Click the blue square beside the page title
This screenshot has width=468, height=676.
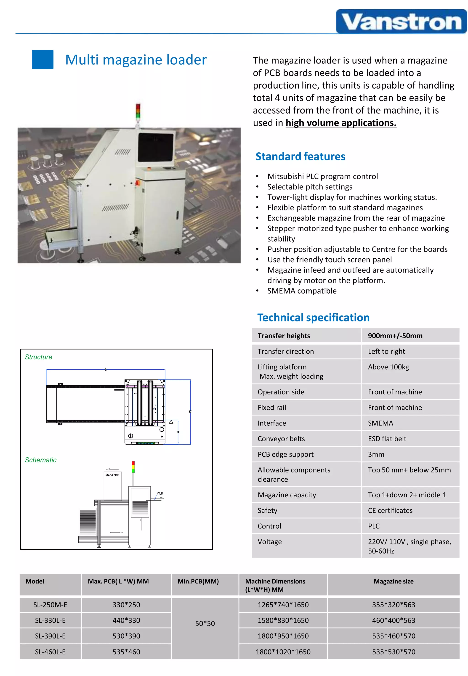[43, 59]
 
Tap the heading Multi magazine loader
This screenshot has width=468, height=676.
[136, 60]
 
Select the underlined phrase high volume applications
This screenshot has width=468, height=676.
[341, 123]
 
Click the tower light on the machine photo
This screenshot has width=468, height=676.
[138, 111]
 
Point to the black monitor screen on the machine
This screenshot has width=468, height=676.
[156, 147]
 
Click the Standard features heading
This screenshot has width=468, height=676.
[300, 156]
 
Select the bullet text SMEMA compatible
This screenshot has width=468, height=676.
[302, 291]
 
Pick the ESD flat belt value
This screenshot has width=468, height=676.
[387, 439]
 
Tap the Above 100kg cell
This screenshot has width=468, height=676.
[388, 367]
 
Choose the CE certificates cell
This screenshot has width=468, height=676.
[390, 511]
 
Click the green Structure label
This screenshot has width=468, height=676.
[38, 357]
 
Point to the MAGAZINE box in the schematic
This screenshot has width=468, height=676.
[113, 484]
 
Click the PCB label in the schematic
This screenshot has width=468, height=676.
[160, 493]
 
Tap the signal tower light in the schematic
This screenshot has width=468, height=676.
[133, 467]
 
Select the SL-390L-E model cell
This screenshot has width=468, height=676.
[50, 636]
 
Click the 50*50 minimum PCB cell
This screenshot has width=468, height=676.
[205, 623]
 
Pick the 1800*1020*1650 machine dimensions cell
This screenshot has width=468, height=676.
[283, 652]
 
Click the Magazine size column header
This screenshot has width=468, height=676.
[393, 581]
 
